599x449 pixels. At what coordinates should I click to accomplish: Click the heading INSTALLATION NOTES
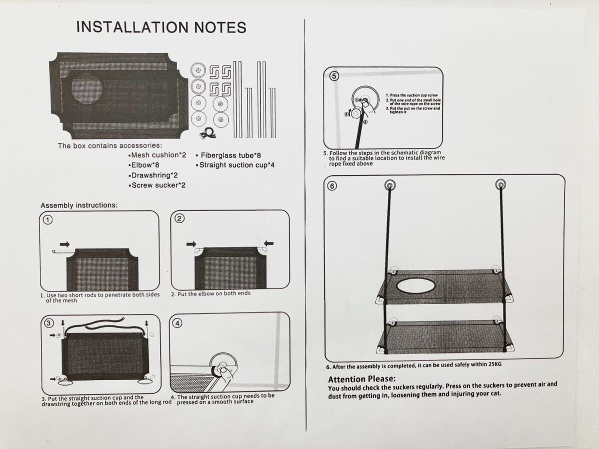(161, 27)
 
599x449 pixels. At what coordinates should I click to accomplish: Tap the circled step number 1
(46, 219)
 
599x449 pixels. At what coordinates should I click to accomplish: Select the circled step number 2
(179, 218)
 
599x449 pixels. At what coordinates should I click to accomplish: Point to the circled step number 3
(48, 323)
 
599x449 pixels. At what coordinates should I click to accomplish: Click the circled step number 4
(178, 323)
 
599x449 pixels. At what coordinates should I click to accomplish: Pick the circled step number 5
(334, 76)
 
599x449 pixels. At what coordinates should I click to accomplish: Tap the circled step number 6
(332, 186)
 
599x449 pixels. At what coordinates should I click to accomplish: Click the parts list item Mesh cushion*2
(157, 155)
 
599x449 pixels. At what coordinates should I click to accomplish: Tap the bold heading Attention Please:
(361, 379)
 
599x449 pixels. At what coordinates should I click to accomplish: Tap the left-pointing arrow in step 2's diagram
(268, 243)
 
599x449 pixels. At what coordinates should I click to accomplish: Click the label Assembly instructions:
(79, 205)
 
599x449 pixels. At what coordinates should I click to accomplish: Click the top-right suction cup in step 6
(500, 185)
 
